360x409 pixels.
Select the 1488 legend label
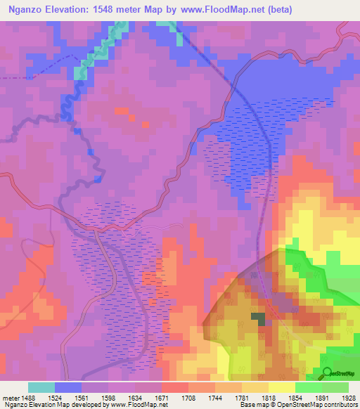[x=28, y=397]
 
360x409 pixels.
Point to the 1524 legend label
[x=55, y=397]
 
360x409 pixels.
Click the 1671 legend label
[x=161, y=397]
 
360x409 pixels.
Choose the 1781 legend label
[x=241, y=397]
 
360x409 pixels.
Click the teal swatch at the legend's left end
[x=41, y=387]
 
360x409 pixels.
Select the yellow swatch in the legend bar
[x=281, y=387]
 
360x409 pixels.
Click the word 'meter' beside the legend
[x=10, y=397]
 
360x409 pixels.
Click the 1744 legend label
[x=214, y=397]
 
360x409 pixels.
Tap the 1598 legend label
[x=108, y=397]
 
